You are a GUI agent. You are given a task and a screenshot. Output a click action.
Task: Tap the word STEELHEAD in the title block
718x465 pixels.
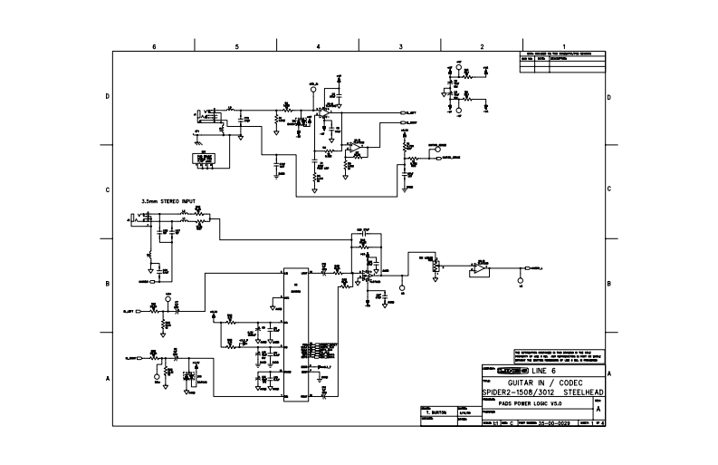click(x=579, y=392)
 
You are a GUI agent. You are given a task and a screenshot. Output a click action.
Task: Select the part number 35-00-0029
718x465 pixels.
click(x=554, y=423)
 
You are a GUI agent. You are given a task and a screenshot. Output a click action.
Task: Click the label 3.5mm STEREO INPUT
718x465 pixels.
click(x=168, y=200)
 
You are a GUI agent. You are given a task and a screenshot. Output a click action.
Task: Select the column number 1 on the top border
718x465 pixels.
click(x=563, y=45)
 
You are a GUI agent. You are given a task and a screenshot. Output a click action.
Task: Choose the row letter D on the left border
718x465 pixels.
click(x=108, y=96)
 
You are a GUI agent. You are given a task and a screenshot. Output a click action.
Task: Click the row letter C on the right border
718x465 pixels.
click(x=609, y=189)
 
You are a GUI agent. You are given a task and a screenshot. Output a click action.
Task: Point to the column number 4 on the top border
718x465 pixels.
click(x=318, y=45)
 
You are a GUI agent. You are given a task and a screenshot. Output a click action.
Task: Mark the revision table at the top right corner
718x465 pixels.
click(x=560, y=58)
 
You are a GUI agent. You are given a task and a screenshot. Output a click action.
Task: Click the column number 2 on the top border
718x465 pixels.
click(x=482, y=45)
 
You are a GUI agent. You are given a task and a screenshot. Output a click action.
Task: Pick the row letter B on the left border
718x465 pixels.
click(x=108, y=284)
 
